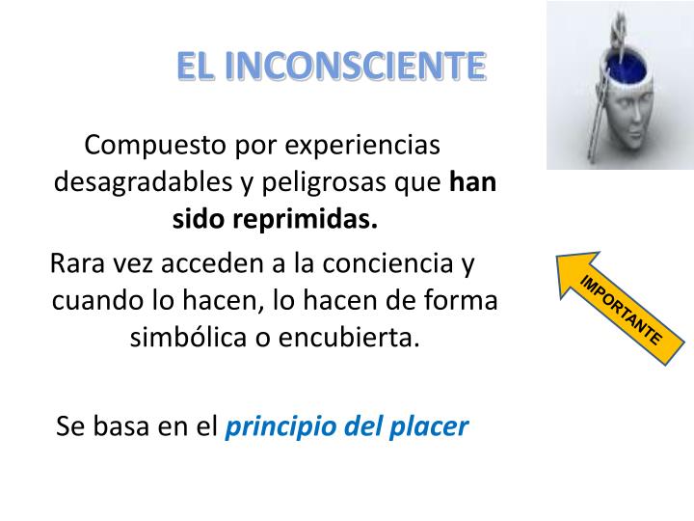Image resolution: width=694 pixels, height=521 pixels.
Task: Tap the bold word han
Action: (x=473, y=182)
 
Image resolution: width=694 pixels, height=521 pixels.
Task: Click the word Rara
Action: (x=77, y=263)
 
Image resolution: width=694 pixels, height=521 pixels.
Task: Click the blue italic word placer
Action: (x=431, y=425)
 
